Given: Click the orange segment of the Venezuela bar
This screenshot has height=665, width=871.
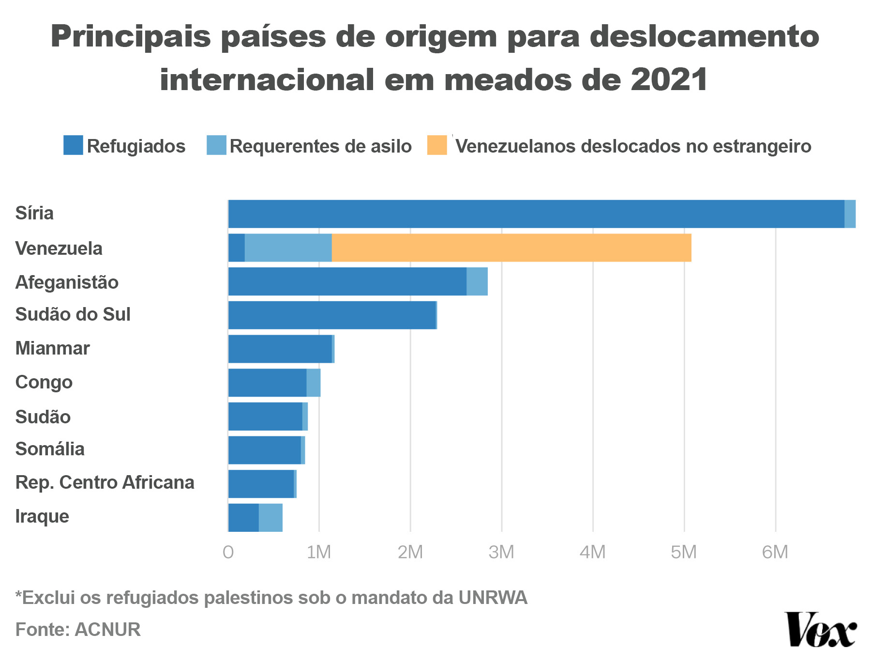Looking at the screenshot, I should pyautogui.click(x=511, y=247).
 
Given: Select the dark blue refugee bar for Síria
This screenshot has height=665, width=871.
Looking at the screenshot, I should pyautogui.click(x=536, y=214).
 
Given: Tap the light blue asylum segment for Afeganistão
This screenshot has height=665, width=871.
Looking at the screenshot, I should pyautogui.click(x=477, y=281).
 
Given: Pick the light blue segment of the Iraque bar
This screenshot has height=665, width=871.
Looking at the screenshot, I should pyautogui.click(x=270, y=517).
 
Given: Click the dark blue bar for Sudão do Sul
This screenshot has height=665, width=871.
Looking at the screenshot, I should pyautogui.click(x=332, y=315).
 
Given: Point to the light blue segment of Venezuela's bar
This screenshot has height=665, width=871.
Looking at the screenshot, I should pyautogui.click(x=288, y=247).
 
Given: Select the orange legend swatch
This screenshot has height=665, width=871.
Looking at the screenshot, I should pyautogui.click(x=437, y=145).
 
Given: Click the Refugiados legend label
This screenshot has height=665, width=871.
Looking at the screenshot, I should pyautogui.click(x=136, y=146).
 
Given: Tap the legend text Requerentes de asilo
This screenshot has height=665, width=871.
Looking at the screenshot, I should pyautogui.click(x=320, y=146).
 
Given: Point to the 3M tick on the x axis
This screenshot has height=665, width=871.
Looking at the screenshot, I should pyautogui.click(x=501, y=552).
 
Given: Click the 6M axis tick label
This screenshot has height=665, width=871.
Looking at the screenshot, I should pyautogui.click(x=775, y=552).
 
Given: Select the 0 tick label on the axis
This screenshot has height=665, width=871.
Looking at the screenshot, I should pyautogui.click(x=228, y=552).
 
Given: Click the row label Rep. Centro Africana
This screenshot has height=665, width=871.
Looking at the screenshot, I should pyautogui.click(x=105, y=482).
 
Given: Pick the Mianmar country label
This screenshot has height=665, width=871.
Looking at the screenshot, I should pyautogui.click(x=52, y=348).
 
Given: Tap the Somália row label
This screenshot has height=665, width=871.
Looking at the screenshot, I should pyautogui.click(x=50, y=449).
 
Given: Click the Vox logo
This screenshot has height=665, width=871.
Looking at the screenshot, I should pyautogui.click(x=820, y=630).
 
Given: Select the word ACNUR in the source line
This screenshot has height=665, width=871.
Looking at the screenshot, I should pyautogui.click(x=107, y=629).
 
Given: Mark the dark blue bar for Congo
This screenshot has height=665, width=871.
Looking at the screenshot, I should pyautogui.click(x=267, y=383).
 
